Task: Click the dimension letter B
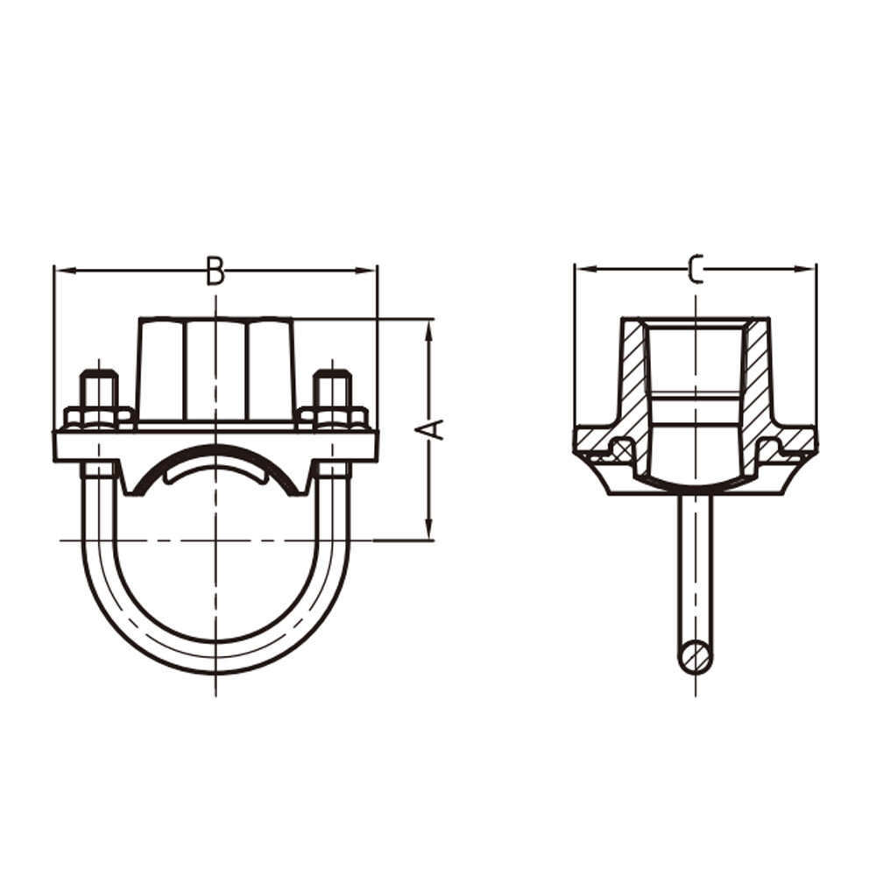point(215,271)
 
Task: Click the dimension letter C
point(696,270)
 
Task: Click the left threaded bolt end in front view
point(99,389)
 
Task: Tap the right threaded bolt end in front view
point(332,389)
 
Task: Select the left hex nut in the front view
point(99,417)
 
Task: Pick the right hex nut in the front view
point(332,417)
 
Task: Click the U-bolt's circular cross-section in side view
point(696,657)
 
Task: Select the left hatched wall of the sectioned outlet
point(633,377)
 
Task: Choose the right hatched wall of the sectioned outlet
point(758,377)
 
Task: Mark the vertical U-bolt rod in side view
point(696,569)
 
